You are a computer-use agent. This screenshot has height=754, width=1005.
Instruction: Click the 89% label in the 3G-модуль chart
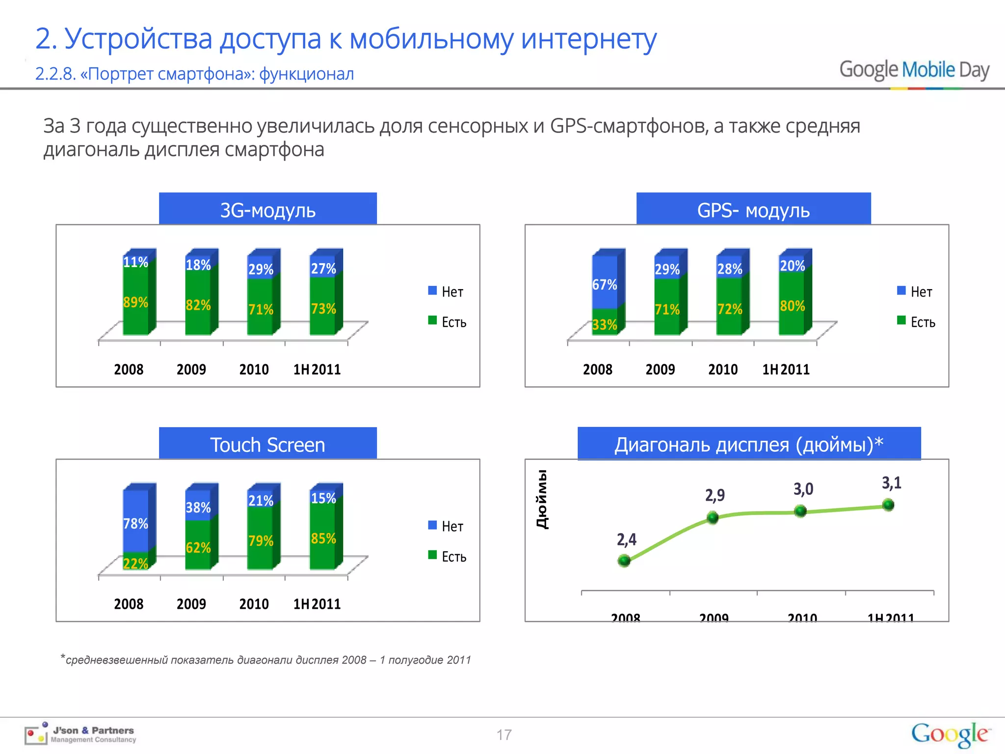point(135,302)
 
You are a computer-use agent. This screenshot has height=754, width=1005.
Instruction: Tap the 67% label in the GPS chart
point(605,285)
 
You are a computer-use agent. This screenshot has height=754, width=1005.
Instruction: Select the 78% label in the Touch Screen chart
point(135,524)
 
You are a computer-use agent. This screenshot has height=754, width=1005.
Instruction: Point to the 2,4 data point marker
point(624,561)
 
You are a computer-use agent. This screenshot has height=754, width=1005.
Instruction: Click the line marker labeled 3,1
point(888,505)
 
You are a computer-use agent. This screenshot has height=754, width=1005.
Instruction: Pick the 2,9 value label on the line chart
point(715,495)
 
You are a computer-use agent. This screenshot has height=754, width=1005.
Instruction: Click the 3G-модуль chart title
point(268,210)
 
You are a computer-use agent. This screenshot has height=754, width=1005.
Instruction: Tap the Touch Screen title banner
point(268,445)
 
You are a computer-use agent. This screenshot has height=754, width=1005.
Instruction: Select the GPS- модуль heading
point(753,210)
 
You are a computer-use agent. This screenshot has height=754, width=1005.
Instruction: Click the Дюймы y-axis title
point(542,499)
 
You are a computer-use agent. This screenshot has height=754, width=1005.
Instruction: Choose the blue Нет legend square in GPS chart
point(901,291)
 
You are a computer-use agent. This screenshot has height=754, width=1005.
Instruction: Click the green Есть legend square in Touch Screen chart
point(432,555)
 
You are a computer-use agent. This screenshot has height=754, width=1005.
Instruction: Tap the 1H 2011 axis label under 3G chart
point(317,370)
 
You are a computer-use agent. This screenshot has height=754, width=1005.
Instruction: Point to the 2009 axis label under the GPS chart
point(660,370)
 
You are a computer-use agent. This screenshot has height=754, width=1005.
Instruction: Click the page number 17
point(504,735)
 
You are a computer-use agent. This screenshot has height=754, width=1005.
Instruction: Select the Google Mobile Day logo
point(914,70)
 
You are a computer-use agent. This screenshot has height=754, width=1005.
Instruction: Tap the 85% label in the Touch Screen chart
point(323,539)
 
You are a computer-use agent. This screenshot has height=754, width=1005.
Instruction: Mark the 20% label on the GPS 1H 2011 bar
point(793,266)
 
